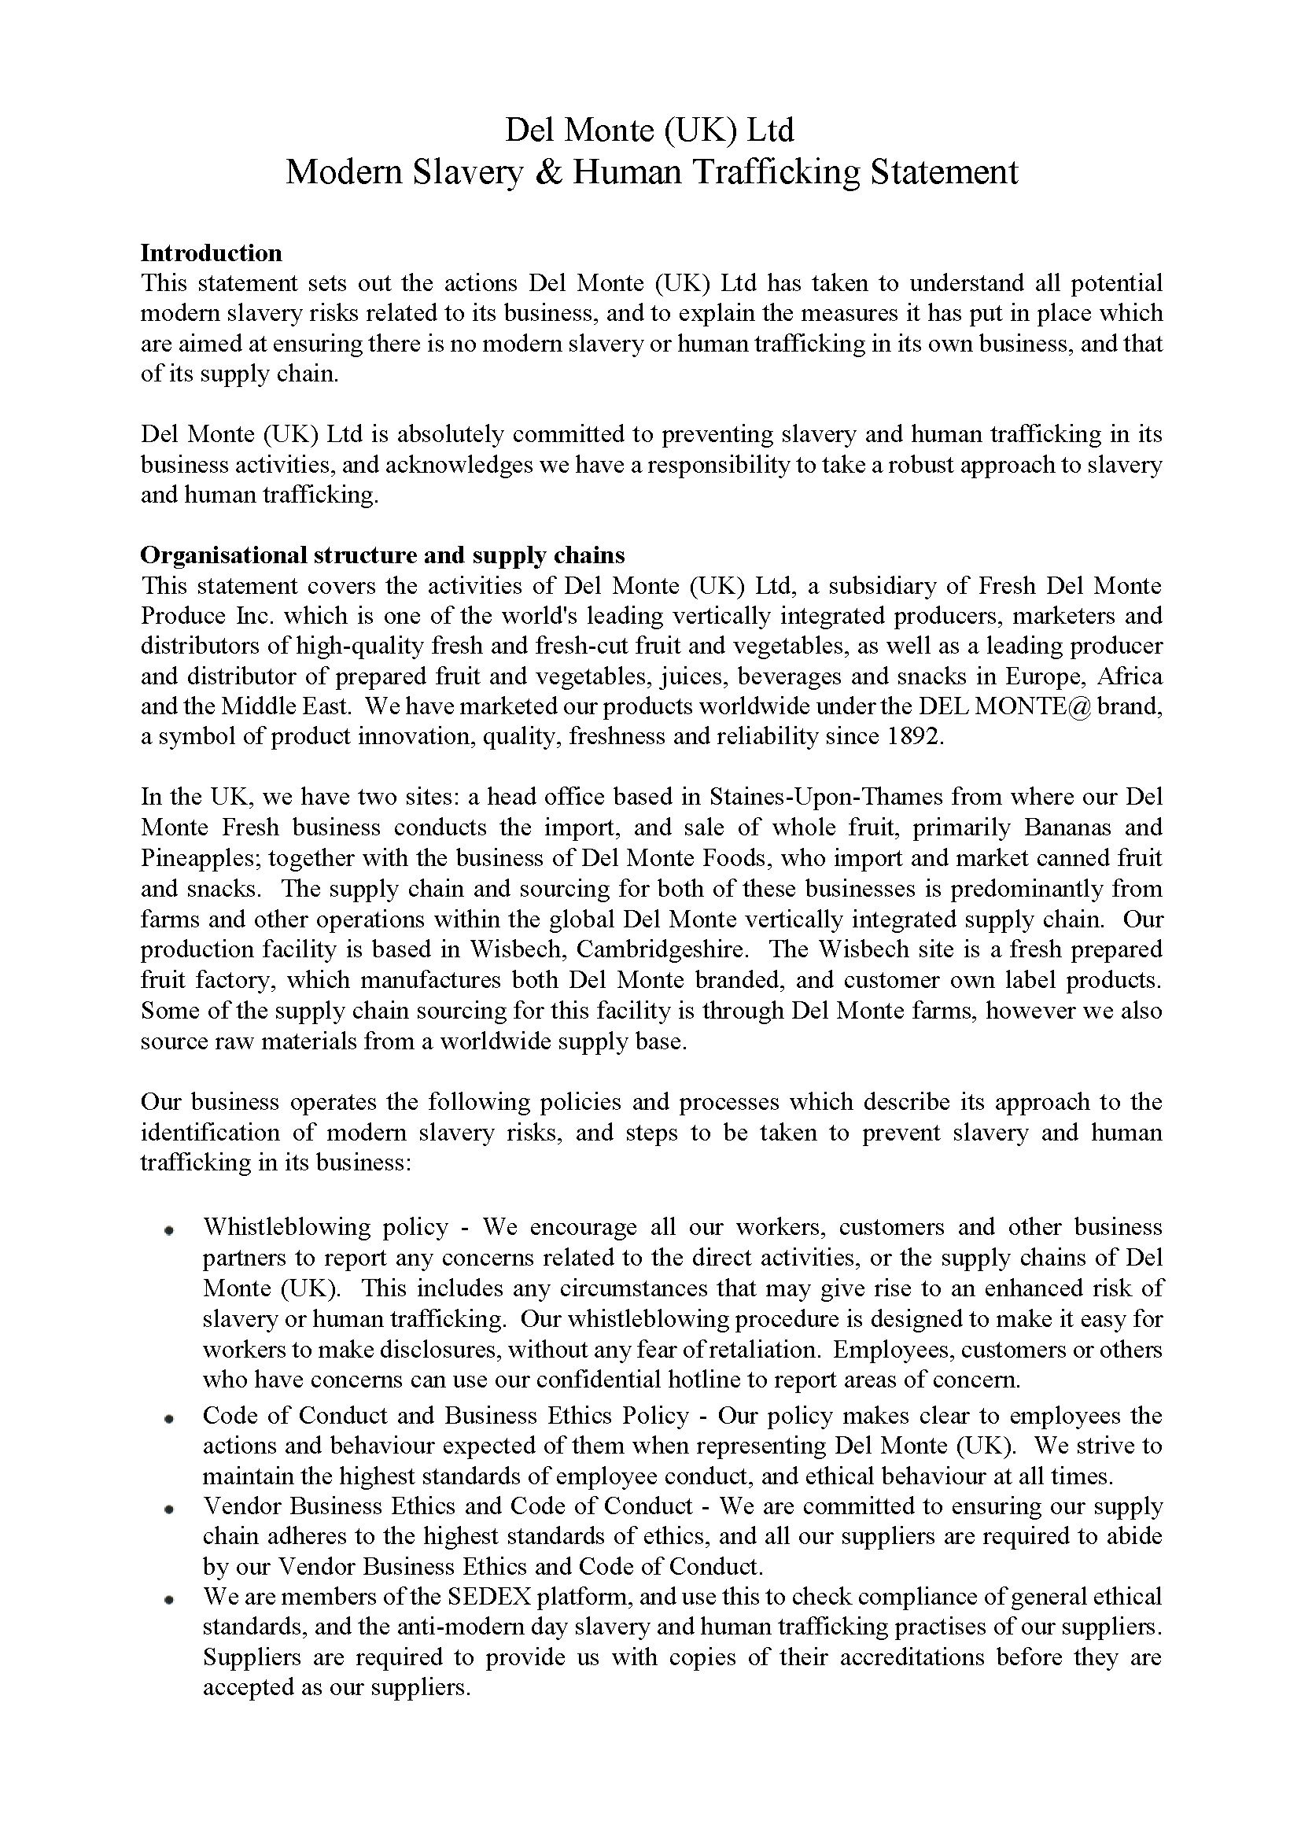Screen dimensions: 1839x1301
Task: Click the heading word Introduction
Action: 211,253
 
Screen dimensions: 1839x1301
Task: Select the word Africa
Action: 1130,676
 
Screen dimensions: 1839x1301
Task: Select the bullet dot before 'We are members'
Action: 169,1601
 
